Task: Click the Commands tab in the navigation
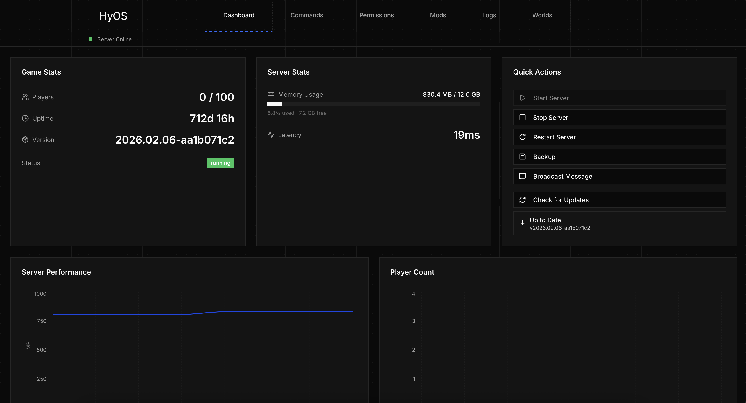pyautogui.click(x=307, y=15)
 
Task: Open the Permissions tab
pyautogui.click(x=377, y=15)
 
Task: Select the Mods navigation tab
pyautogui.click(x=438, y=15)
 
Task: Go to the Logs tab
pyautogui.click(x=489, y=15)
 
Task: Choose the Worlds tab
pyautogui.click(x=542, y=15)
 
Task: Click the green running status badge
pyautogui.click(x=220, y=163)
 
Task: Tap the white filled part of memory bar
pyautogui.click(x=274, y=104)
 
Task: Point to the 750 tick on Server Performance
pyautogui.click(x=41, y=321)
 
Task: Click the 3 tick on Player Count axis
pyautogui.click(x=414, y=321)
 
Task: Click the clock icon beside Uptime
pyautogui.click(x=25, y=118)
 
